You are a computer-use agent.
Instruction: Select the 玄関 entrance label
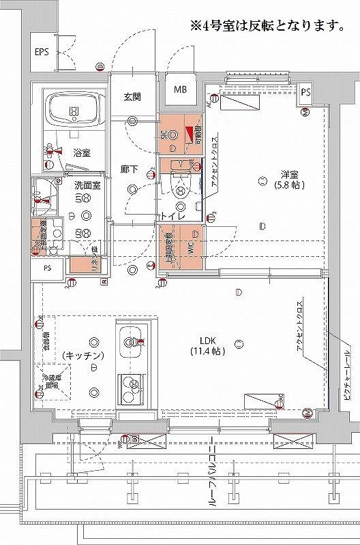coord(132,97)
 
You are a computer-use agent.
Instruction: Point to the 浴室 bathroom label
coord(82,153)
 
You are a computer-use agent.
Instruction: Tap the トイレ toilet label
coord(170,216)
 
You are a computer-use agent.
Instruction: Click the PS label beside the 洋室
coord(305,92)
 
